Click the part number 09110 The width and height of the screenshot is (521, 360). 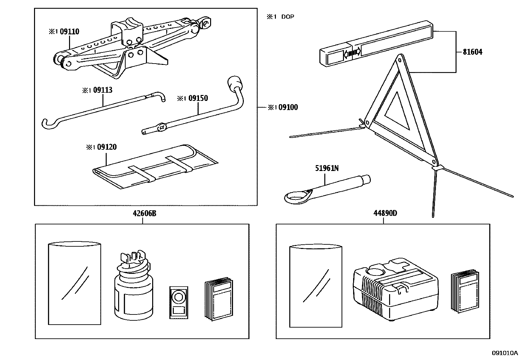69,32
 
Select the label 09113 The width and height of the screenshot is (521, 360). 102,90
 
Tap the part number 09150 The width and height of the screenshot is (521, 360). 198,98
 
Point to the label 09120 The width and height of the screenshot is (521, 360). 107,147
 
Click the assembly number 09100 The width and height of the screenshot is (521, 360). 288,107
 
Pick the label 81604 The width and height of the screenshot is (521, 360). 472,52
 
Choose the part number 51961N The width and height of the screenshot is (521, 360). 327,168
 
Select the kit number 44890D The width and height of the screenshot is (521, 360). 385,213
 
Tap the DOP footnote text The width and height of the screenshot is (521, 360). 287,17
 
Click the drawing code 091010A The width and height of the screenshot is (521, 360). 505,353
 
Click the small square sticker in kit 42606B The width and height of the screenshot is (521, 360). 178,302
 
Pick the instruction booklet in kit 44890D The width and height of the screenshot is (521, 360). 465,292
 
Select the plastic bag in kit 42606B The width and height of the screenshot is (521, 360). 74,283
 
